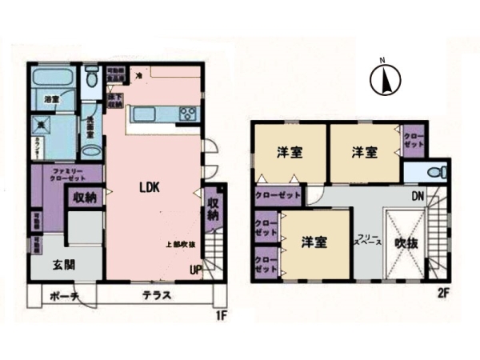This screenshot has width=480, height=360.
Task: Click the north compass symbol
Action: click(x=383, y=78)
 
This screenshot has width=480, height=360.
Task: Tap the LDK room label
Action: click(x=150, y=189)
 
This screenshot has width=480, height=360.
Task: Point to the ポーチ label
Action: click(x=62, y=297)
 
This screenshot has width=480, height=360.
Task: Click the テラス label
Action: click(x=154, y=297)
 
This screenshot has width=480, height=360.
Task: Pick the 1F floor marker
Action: click(x=223, y=314)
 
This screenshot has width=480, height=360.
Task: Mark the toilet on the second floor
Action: click(x=432, y=171)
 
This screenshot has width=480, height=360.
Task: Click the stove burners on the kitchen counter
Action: click(x=189, y=113)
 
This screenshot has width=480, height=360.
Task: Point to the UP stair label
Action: click(x=194, y=270)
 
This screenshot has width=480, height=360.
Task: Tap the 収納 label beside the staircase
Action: click(x=214, y=210)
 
